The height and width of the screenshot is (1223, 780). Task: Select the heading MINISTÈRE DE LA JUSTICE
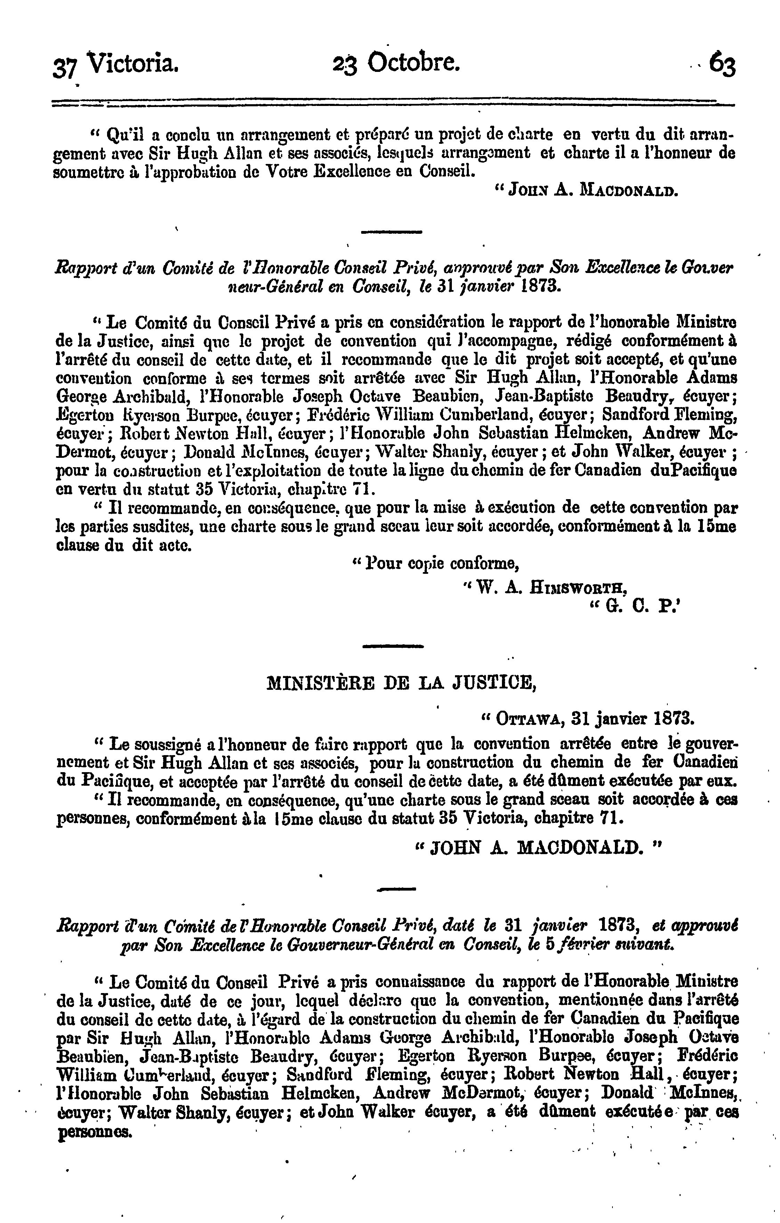(x=401, y=683)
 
